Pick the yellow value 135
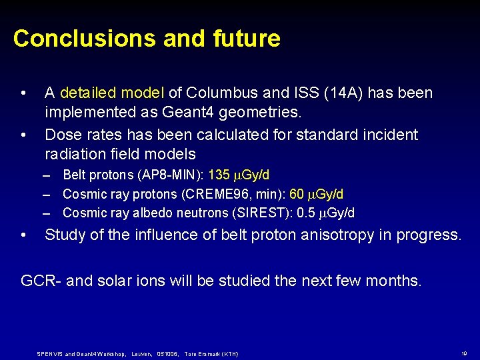[x=219, y=175]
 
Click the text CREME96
[x=229, y=194]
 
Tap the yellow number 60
[x=297, y=194]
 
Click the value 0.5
[x=304, y=213]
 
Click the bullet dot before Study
[x=24, y=235]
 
